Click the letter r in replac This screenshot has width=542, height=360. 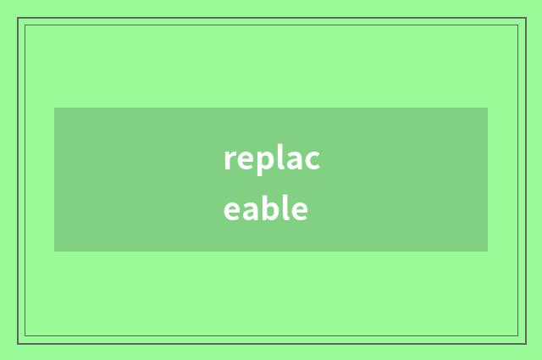tap(229, 160)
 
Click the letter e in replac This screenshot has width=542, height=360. tap(243, 160)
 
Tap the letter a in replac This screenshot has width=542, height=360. tap(291, 160)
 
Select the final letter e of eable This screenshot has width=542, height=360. tap(299, 209)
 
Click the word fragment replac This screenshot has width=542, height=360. tap(271, 159)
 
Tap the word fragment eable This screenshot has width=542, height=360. tap(265, 208)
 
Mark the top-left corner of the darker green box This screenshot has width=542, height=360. tap(54, 108)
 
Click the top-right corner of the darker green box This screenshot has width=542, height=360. tap(488, 108)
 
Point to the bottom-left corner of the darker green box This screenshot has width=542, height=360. tap(54, 252)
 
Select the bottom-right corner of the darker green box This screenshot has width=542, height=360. tap(488, 252)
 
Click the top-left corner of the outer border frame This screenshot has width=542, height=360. tap(18, 18)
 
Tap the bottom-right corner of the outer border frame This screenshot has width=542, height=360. tap(525, 343)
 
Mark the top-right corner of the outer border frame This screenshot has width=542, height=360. tap(525, 18)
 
